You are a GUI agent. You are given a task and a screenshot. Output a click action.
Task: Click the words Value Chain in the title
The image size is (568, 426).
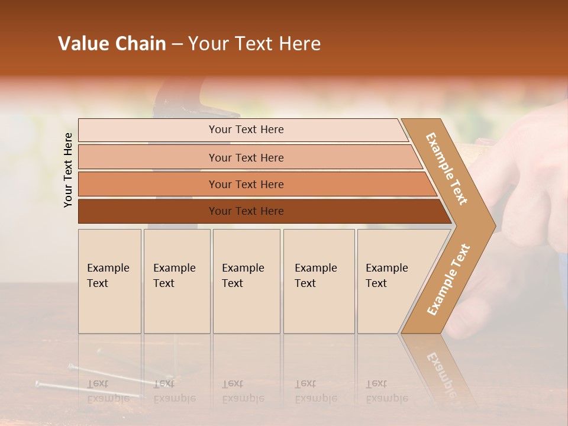tap(112, 44)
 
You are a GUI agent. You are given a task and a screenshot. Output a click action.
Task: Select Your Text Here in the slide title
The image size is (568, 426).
tap(254, 44)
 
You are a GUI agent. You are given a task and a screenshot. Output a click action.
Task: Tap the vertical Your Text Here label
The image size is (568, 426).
tap(68, 170)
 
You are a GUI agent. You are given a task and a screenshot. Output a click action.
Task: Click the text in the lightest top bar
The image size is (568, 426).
tap(246, 130)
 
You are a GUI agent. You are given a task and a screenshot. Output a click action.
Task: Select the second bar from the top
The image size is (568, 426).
tap(246, 157)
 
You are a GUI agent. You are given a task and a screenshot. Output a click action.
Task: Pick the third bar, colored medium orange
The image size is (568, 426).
tap(246, 185)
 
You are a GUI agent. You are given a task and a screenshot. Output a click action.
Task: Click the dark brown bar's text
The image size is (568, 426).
tap(246, 211)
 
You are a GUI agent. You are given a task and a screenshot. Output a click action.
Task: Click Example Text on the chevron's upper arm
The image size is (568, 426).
tap(447, 169)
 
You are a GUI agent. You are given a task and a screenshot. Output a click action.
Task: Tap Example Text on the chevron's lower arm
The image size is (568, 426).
tap(448, 280)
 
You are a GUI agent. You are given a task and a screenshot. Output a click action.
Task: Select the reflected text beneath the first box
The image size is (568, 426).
tap(108, 391)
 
